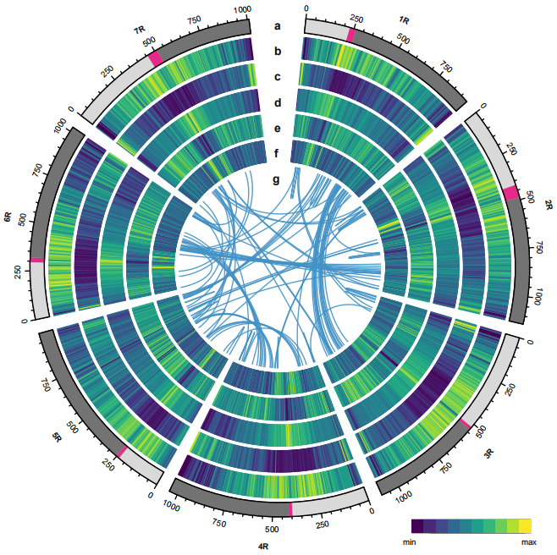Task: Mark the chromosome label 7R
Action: pos(140,30)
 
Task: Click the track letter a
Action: pos(277,25)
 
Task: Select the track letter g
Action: pos(277,179)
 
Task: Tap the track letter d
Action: pos(277,103)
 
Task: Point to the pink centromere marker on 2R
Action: pos(510,193)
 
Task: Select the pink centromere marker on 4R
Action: pos(290,508)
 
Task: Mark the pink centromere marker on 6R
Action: pos(36,261)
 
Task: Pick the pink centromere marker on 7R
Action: pos(155,59)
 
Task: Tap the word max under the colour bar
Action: pos(529,541)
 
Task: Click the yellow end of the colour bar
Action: pos(526,525)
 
